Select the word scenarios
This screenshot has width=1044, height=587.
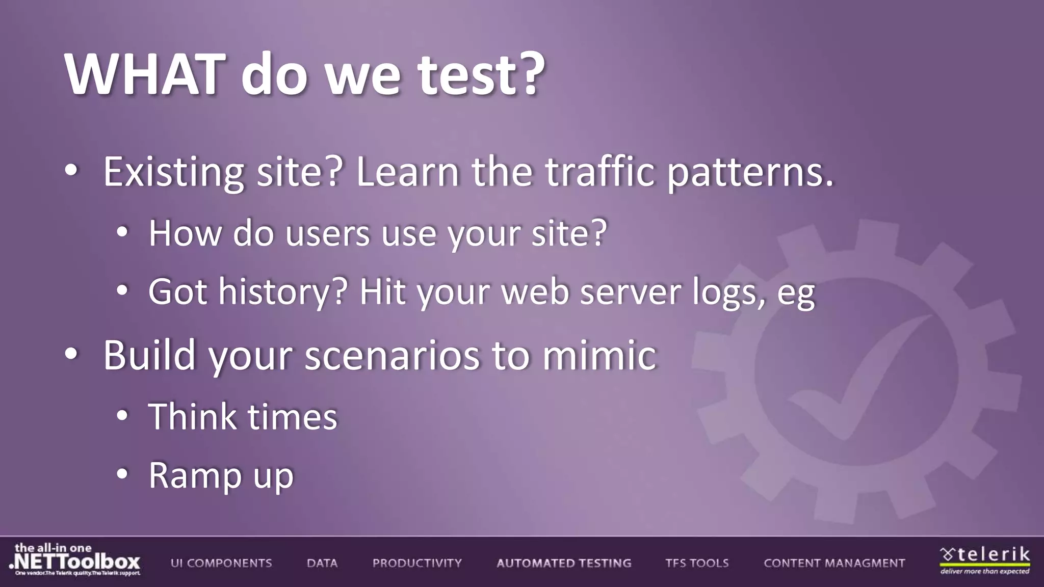392,355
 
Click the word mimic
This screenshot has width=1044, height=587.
599,355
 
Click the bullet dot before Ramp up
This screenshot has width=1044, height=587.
122,474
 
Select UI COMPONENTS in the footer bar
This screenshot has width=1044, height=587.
221,563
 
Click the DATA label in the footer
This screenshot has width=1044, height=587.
322,563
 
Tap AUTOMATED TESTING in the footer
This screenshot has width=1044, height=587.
564,563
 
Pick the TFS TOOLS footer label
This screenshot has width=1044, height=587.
697,563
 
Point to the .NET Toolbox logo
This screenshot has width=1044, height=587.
75,561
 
